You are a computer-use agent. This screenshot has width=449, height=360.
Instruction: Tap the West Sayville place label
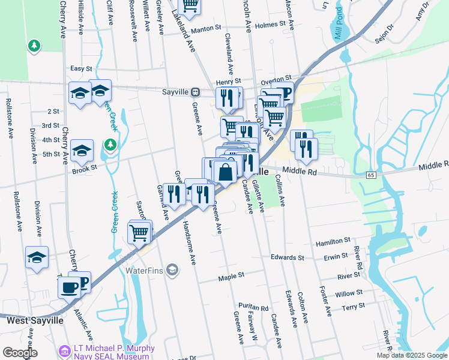(35, 320)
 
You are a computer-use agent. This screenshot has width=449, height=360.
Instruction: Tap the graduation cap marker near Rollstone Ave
(37, 257)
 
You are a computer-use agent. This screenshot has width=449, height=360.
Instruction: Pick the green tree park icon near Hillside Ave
(35, 46)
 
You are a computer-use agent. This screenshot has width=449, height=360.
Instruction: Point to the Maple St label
(232, 275)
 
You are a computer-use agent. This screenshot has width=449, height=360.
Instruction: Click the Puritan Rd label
(252, 306)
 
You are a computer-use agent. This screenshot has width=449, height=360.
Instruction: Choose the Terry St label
(353, 307)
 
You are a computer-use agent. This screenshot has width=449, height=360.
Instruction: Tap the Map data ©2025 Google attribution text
(411, 355)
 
